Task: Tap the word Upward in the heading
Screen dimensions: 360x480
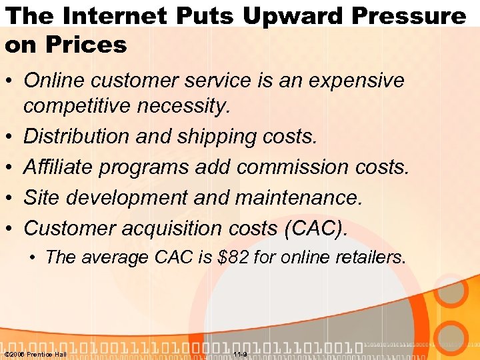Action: tap(293, 15)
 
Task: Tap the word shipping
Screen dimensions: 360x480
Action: tap(217, 137)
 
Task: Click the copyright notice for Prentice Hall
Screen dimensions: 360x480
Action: tap(35, 354)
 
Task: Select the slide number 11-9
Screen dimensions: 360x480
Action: tap(241, 354)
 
